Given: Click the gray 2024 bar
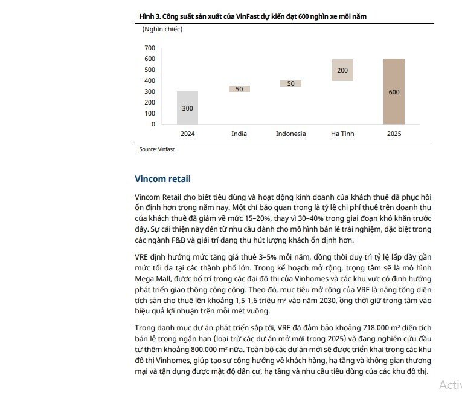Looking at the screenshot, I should [187, 108].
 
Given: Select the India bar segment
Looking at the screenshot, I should [239, 89].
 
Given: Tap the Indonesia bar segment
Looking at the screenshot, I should [290, 83].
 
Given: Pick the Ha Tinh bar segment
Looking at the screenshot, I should [342, 70].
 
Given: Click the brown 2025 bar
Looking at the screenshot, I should [394, 91].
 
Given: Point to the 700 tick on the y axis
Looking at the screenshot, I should [150, 48].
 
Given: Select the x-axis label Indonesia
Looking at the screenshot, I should [290, 134].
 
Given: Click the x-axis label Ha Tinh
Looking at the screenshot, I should [342, 134].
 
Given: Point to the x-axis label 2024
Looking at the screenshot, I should [187, 134].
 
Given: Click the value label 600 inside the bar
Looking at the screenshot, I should [394, 92].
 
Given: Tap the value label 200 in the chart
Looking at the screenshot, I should [342, 70].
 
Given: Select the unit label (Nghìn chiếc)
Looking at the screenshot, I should [162, 28].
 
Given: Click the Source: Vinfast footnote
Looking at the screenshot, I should [156, 149].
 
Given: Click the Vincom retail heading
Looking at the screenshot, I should [162, 179].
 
